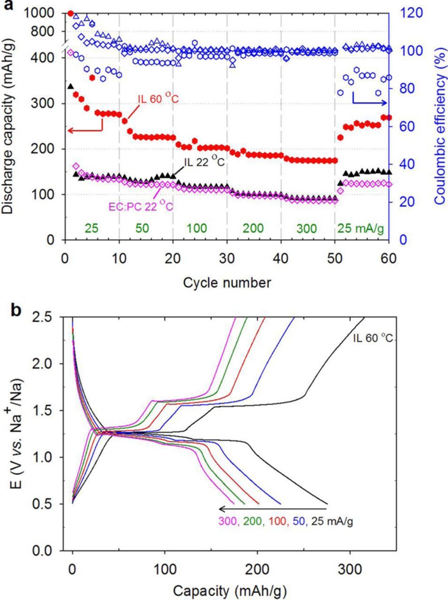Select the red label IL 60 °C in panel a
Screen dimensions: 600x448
point(158,99)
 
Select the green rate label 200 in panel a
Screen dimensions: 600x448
point(253,229)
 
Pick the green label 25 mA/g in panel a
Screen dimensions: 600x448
point(360,229)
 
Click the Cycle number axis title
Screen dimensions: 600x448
point(227,283)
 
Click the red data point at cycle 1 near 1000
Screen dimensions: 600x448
point(71,13)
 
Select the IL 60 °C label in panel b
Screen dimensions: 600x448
point(372,338)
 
